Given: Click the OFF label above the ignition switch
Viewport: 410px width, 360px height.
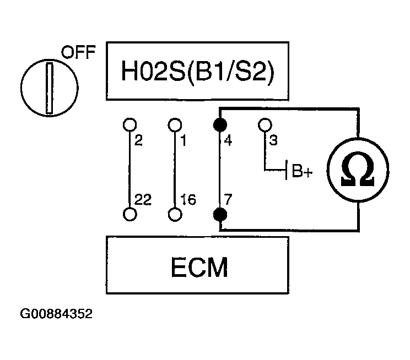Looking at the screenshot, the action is tap(78, 52).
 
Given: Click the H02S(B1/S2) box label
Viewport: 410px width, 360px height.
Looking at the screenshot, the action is tap(198, 71).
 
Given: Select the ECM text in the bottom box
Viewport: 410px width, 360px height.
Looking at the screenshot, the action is tap(199, 267).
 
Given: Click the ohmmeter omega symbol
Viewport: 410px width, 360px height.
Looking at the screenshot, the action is tap(358, 170).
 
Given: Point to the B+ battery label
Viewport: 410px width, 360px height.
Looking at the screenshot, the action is tap(303, 171).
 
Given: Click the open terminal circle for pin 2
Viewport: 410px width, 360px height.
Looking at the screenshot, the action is tap(130, 124).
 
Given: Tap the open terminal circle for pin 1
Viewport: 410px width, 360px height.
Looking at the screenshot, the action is tap(175, 124).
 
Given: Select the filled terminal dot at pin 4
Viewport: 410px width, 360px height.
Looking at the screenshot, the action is tap(220, 125).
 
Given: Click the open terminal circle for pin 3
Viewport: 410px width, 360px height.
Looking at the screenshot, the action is tap(265, 124).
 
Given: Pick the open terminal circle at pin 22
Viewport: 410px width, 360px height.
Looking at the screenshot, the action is tap(130, 214).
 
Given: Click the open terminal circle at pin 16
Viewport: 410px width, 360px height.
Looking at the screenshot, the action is tap(175, 215).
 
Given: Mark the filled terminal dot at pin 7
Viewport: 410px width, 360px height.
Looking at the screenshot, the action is tap(220, 215).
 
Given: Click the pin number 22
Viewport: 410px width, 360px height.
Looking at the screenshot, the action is tap(143, 200).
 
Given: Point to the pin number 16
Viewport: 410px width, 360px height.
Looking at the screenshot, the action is tap(188, 200).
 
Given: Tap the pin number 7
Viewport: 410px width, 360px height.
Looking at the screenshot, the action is tap(228, 199).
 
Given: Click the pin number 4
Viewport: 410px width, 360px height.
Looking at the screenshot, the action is tap(228, 140).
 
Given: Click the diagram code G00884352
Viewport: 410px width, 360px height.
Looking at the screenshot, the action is tap(56, 314).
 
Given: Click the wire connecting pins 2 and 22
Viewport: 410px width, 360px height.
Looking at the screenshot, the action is tap(130, 170).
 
